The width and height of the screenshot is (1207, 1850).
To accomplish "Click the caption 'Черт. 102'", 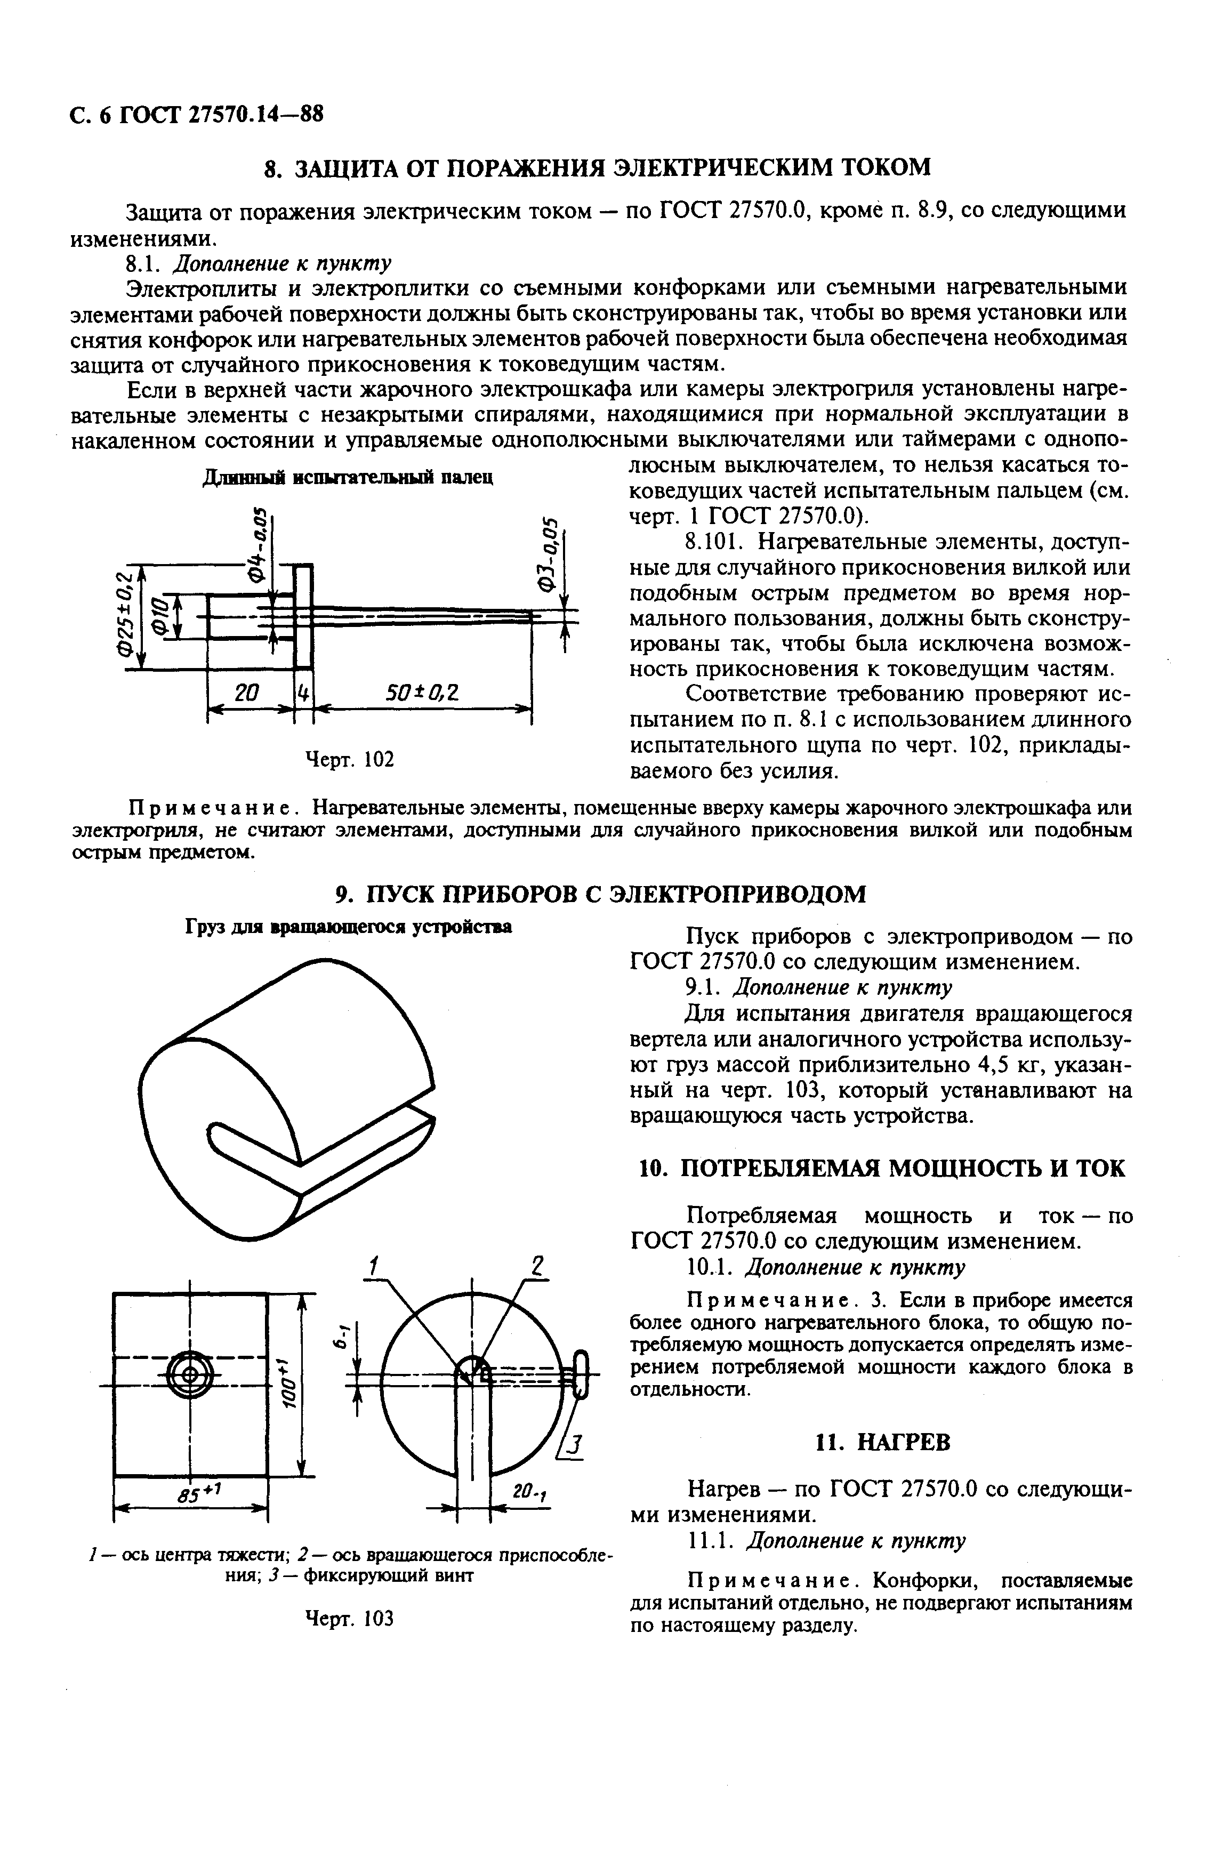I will coord(349,758).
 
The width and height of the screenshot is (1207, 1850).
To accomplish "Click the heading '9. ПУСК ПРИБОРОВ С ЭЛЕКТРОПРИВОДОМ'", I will coord(600,894).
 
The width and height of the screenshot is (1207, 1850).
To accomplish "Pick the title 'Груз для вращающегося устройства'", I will coord(348,927).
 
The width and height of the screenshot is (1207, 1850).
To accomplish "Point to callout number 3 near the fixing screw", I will coord(574,1445).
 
